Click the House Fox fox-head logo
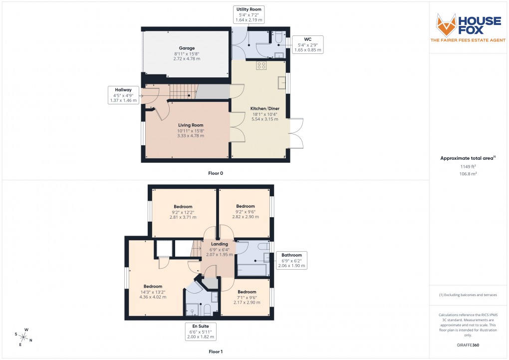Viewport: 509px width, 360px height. point(446,24)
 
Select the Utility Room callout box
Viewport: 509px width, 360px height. point(249,14)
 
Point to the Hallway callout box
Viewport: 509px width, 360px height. point(123,95)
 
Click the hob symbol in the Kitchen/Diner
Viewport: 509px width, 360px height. point(261,65)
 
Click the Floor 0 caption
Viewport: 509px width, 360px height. point(216,173)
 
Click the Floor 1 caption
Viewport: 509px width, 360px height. point(216,352)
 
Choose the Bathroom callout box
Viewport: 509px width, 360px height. point(291,260)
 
